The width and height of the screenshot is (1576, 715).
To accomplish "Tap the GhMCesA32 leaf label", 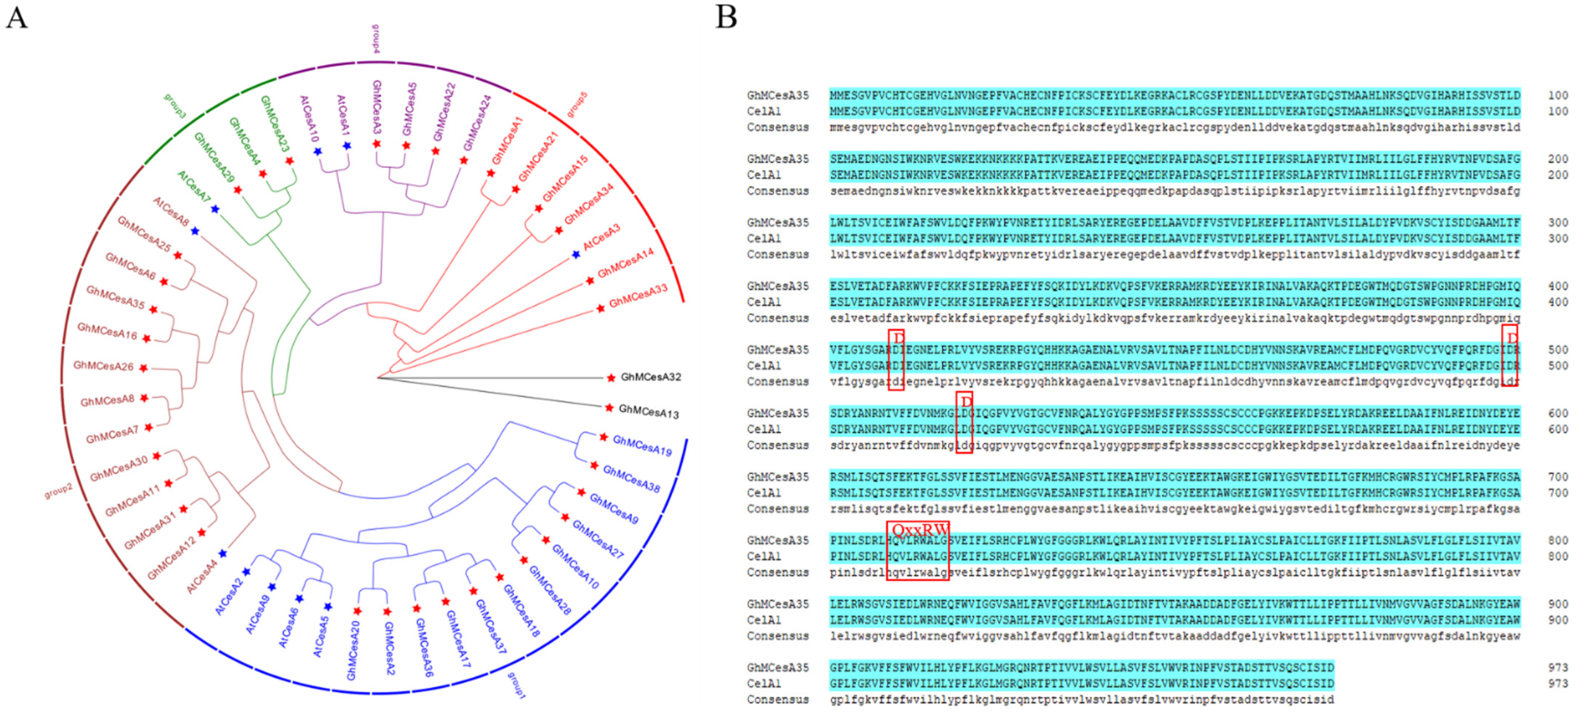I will (650, 377).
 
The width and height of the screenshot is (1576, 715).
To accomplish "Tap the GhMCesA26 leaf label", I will (103, 366).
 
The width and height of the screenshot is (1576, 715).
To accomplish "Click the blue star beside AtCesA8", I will (194, 231).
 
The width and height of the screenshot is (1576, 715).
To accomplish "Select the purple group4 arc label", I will (376, 38).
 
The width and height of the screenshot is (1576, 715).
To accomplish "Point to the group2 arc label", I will (58, 490).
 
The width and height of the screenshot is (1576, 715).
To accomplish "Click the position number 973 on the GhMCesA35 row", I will (1558, 667).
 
